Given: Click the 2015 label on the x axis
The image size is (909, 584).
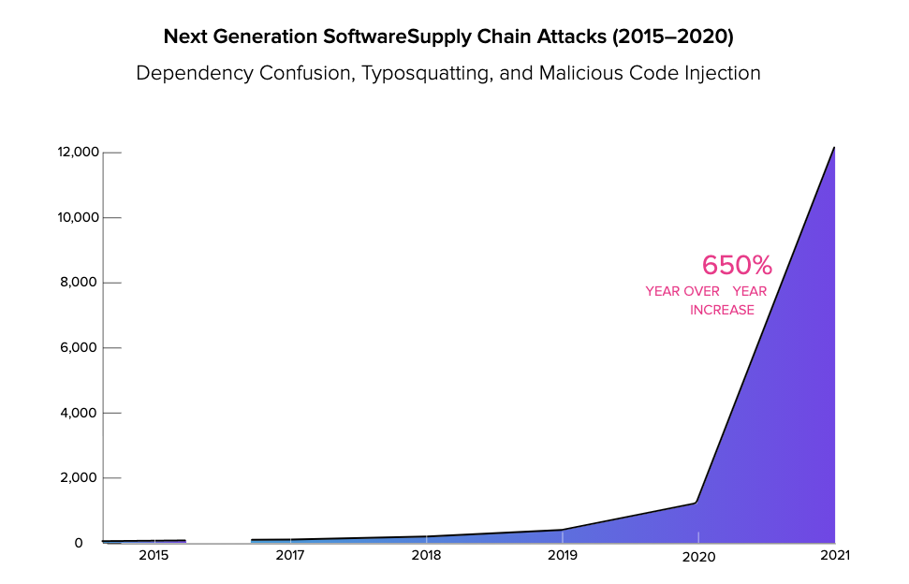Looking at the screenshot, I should click(154, 556).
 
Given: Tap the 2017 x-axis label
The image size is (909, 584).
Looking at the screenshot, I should click(290, 556).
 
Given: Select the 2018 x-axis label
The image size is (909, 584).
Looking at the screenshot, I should click(426, 556).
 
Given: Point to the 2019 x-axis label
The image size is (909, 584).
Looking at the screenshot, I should click(562, 556).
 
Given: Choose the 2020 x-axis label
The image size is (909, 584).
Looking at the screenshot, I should click(698, 557).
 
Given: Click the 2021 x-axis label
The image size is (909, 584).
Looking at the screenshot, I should click(834, 556).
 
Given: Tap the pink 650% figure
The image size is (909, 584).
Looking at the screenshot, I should click(737, 265).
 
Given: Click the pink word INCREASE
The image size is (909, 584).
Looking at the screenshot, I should click(722, 310).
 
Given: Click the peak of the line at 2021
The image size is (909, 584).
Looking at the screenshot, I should click(834, 148).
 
